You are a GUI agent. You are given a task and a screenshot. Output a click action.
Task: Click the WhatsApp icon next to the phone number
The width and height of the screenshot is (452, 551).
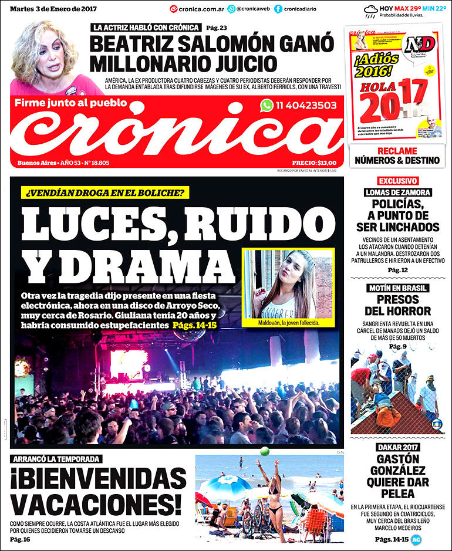coord(267,106)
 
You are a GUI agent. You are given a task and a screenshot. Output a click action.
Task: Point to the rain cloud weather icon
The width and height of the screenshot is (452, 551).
coord(371,9)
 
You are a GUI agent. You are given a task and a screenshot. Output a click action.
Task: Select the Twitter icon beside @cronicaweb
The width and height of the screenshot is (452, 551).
coord(231,9)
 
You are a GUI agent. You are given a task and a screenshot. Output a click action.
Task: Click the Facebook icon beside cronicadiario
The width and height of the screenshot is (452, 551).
coord(278,9)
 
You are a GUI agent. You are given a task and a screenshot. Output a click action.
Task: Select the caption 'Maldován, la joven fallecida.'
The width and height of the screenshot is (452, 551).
coord(288,323)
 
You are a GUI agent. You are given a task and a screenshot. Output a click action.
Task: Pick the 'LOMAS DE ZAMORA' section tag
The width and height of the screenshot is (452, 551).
coord(398,192)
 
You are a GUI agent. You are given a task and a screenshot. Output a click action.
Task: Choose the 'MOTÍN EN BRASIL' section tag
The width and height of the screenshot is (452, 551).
coord(398,288)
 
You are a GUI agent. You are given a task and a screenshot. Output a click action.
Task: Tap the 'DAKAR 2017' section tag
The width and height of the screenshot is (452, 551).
coord(398,447)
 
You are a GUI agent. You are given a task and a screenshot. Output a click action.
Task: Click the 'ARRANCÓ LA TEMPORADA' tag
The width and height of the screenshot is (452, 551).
coord(56,459)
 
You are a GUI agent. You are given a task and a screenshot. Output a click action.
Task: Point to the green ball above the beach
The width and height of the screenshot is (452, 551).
coord(264,451)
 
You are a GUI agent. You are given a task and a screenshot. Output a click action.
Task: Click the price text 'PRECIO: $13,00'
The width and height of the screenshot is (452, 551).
coord(314,163)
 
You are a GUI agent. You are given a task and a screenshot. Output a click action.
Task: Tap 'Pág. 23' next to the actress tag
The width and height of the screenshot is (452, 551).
coord(217,28)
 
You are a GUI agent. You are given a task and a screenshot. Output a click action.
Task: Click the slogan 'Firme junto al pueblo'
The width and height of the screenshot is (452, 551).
coord(70,103)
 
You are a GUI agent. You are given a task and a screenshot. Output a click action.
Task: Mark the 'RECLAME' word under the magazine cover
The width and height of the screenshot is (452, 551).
coord(398,151)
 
